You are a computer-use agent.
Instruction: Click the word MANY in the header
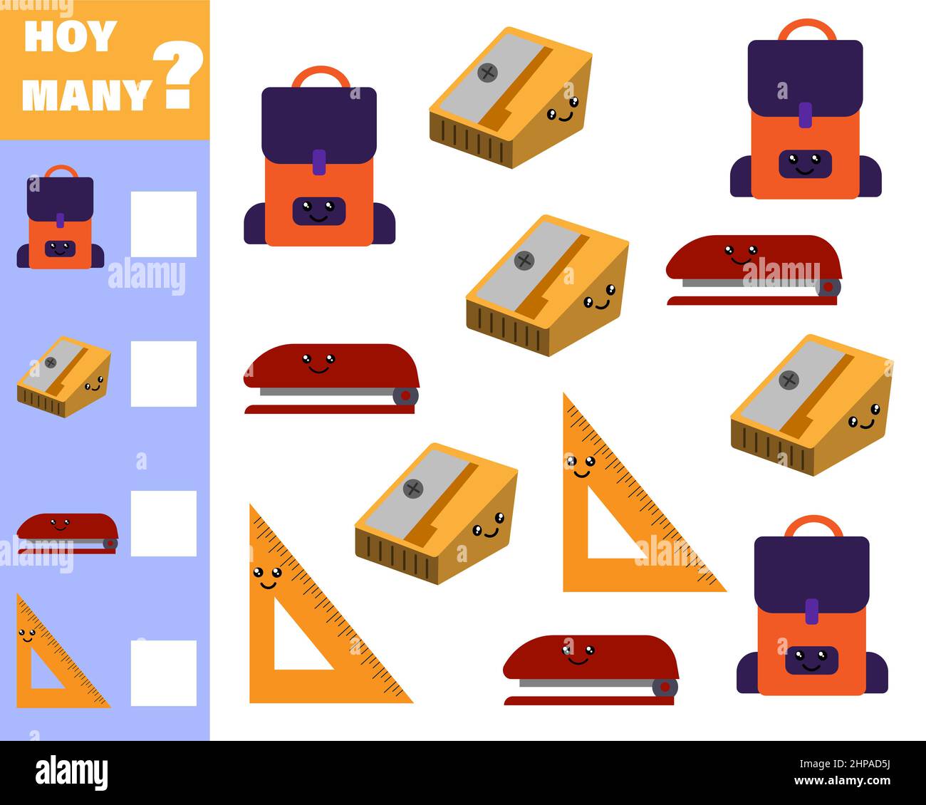click(x=87, y=94)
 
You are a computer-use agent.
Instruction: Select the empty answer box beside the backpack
click(x=163, y=224)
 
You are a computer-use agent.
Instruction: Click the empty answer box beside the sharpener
click(x=163, y=373)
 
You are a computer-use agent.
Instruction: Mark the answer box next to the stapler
click(x=163, y=523)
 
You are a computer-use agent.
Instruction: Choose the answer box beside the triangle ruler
click(x=163, y=672)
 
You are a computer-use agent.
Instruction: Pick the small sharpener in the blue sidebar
click(x=63, y=376)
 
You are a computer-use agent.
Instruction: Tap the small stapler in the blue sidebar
click(x=67, y=533)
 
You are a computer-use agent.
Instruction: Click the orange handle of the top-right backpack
click(x=806, y=28)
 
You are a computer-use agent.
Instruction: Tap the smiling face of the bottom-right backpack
click(x=811, y=660)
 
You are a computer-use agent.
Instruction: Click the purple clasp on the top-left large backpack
click(x=319, y=162)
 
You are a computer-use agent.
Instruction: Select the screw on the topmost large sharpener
click(x=488, y=72)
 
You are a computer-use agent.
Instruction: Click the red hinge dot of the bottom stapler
click(x=665, y=687)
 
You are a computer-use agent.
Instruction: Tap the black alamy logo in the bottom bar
click(x=72, y=772)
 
